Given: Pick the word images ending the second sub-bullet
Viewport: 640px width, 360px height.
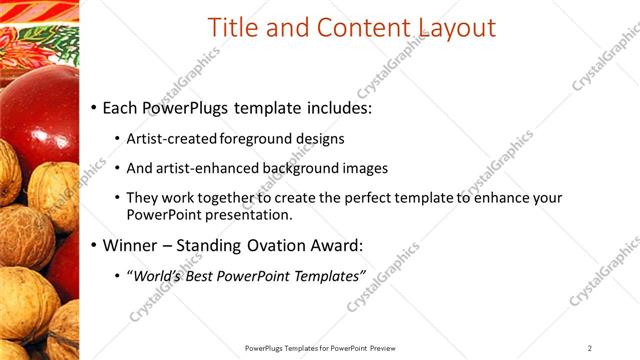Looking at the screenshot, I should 365,169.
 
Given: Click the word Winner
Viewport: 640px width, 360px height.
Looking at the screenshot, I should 130,244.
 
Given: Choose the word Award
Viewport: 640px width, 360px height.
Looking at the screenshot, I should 333,244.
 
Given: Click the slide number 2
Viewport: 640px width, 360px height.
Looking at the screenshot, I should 590,348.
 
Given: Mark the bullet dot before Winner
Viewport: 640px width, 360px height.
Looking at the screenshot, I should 94,245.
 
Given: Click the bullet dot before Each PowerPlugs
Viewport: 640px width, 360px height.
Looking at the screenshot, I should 94,107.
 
